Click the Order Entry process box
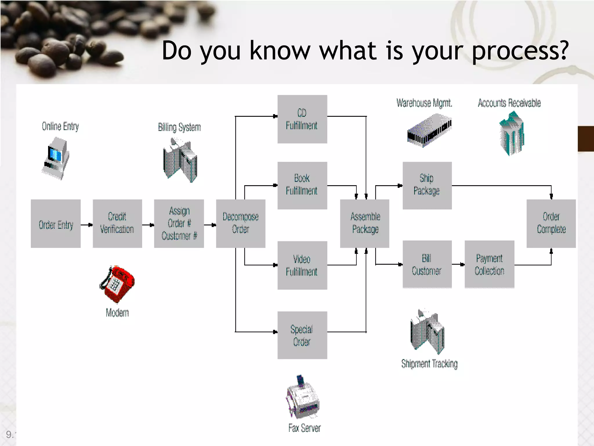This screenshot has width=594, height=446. (56, 224)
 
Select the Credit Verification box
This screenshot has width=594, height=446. (117, 224)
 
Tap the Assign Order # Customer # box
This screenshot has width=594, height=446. (179, 224)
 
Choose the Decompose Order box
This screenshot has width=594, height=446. (240, 224)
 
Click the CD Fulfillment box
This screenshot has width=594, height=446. (302, 119)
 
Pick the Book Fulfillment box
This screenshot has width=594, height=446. (302, 185)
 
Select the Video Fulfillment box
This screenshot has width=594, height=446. (302, 265)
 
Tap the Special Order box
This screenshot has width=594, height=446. (302, 335)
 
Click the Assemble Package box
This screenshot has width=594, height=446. (365, 224)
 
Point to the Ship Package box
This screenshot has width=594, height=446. (427, 185)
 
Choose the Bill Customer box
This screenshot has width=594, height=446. (427, 264)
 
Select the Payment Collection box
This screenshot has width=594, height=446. (489, 264)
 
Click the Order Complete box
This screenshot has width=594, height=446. (551, 224)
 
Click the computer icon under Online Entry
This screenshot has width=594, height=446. (56, 158)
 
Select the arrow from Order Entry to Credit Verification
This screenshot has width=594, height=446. (87, 225)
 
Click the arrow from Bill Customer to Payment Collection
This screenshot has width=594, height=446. (458, 264)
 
